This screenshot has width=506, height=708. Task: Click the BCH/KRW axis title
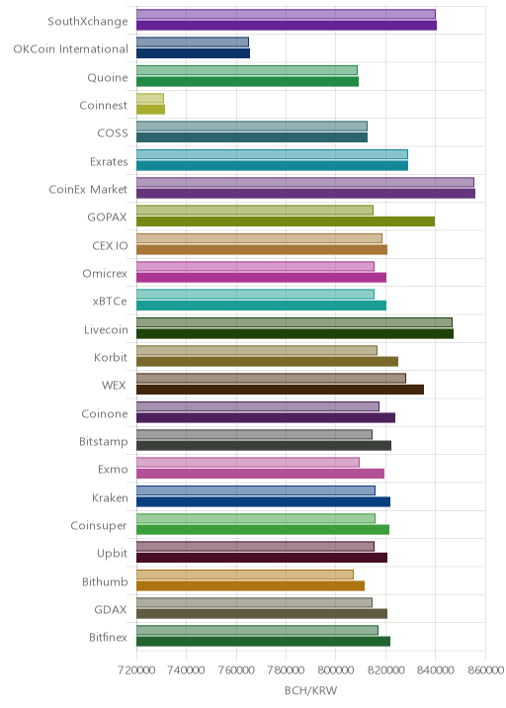(x=310, y=690)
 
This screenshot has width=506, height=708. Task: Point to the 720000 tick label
(x=136, y=670)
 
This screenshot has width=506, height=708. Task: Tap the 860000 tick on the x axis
(x=485, y=670)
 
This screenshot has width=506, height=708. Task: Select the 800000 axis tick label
(x=336, y=670)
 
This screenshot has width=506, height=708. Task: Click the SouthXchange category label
(x=88, y=21)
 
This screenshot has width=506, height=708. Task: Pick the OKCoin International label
(x=71, y=48)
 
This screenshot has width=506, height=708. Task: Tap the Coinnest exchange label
(x=104, y=105)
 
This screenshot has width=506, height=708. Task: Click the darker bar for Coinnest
(x=151, y=110)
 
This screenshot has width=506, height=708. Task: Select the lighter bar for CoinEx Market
(x=305, y=182)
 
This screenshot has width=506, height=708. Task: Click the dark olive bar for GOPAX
(x=286, y=221)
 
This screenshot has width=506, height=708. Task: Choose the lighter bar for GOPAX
(x=255, y=210)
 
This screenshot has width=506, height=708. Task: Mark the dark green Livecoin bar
(x=295, y=333)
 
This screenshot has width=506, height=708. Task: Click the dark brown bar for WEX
(x=281, y=390)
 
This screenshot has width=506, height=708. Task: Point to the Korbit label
(x=111, y=358)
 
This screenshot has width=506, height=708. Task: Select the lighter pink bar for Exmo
(x=248, y=463)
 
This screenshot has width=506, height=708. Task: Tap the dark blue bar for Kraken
(x=264, y=501)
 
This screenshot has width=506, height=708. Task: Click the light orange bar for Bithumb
(x=245, y=575)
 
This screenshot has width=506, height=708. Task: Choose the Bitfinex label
(x=108, y=638)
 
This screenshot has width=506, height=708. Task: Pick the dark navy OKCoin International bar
(x=193, y=53)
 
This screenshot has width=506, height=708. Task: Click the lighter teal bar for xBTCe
(x=256, y=295)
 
